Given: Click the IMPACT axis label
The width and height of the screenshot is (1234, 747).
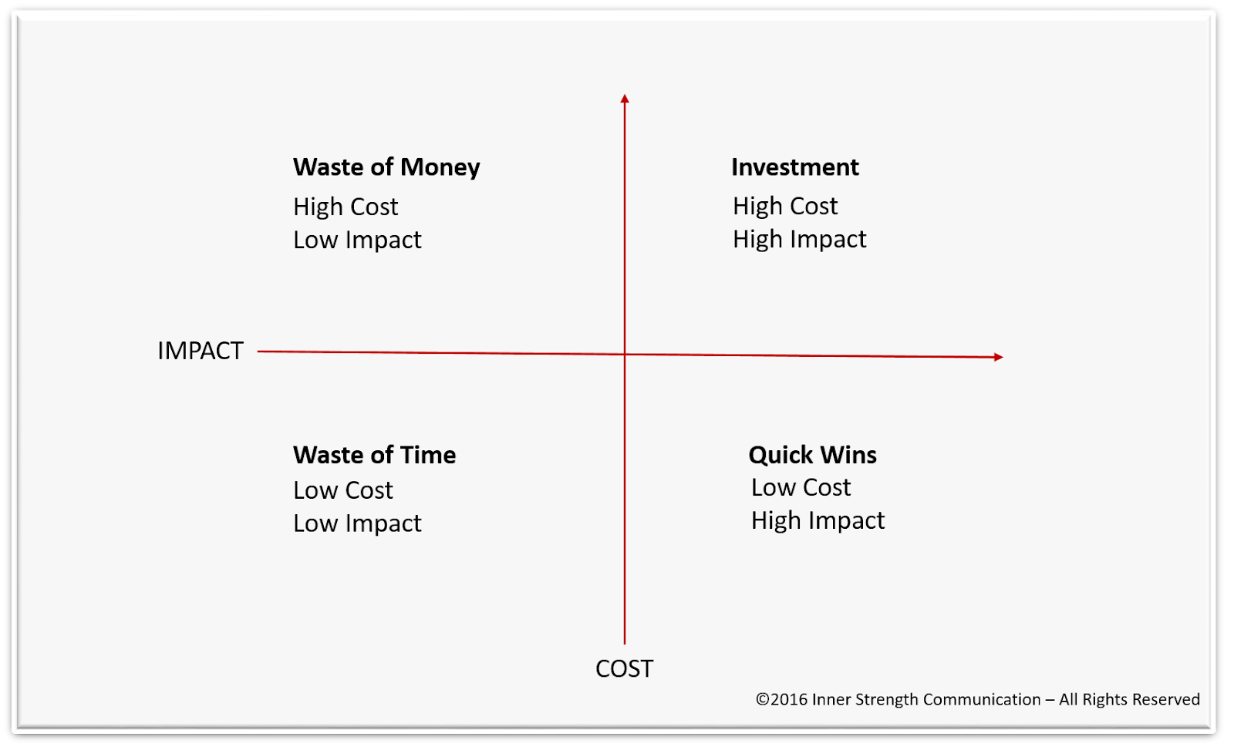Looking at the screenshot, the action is [200, 351].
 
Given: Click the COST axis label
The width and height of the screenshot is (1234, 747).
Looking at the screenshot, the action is [624, 669].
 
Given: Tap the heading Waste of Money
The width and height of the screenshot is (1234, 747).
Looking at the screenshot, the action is [386, 167].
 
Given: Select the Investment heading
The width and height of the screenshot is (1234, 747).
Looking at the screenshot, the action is [795, 167].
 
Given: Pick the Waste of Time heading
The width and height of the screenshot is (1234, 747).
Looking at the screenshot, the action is [375, 455].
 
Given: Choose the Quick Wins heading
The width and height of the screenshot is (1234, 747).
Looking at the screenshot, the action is [813, 455].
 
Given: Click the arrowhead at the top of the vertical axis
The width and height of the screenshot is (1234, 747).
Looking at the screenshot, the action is [624, 99].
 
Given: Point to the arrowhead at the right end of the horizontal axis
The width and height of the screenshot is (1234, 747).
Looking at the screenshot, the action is [998, 357].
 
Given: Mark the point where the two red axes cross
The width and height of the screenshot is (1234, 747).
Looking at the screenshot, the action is [624, 354].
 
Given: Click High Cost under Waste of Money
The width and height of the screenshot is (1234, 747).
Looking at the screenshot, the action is [346, 207].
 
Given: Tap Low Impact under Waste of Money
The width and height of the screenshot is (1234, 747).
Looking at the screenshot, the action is [357, 240].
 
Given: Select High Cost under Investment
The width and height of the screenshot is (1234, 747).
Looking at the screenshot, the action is [785, 207].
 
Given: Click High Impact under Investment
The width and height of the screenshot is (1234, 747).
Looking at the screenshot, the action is [799, 240].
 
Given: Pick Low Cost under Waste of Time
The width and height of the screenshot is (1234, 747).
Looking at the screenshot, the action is [342, 490].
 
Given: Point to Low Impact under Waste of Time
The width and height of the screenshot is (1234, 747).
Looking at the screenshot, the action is [357, 523].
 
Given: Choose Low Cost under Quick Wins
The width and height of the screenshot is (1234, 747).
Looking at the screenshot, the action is [801, 487].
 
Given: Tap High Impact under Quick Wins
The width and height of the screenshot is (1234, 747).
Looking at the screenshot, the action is [818, 520].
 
